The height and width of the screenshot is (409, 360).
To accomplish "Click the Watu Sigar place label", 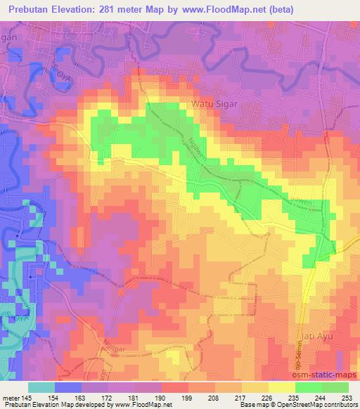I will [214, 104].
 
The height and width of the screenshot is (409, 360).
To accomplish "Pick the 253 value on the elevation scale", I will [347, 397].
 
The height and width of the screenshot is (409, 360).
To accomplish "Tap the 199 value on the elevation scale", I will [186, 397].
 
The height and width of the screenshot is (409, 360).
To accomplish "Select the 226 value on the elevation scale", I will [266, 397].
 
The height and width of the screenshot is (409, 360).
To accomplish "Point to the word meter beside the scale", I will [11, 397].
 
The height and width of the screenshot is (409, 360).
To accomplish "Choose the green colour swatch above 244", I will [308, 387].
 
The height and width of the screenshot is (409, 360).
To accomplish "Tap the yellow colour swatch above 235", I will [281, 387].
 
